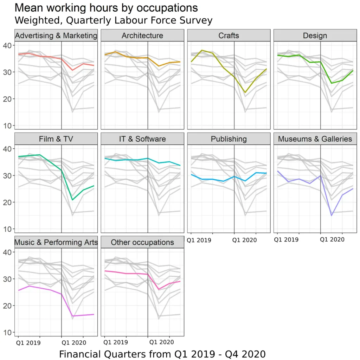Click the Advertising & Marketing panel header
tap(56, 36)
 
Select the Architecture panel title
tap(142, 36)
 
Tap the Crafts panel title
tap(229, 36)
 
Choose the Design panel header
tap(315, 36)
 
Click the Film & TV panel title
tap(56, 139)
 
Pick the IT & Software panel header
tap(142, 139)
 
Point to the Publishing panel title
tap(229, 139)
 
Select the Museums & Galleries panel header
tap(315, 139)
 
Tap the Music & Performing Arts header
tap(56, 242)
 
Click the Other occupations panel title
tap(142, 242)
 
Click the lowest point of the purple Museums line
tap(332, 216)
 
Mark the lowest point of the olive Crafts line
tap(245, 92)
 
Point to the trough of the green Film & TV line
tap(72, 200)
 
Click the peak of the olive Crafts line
tap(202, 50)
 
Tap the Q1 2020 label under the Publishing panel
tap(245, 240)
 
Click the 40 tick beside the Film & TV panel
tap(8, 149)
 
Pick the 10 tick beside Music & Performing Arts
tap(8, 332)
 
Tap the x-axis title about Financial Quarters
tap(162, 353)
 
